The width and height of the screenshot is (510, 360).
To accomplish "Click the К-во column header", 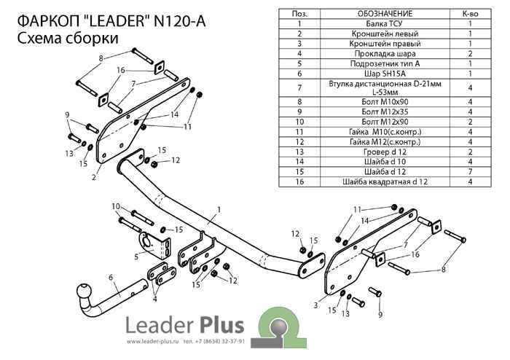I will click(x=471, y=14).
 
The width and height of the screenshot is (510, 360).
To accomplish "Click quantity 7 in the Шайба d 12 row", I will click(x=471, y=171).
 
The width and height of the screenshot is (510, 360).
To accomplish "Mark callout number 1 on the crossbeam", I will click(x=217, y=209).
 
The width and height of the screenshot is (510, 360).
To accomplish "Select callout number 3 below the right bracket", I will click(x=315, y=304).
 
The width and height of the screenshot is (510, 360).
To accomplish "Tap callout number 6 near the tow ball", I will click(x=111, y=276).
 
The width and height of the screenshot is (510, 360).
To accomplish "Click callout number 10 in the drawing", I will click(x=116, y=206).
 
